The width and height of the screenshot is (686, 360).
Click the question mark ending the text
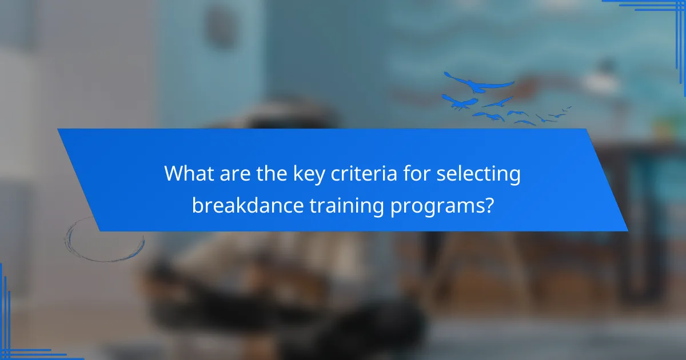pyautogui.click(x=488, y=205)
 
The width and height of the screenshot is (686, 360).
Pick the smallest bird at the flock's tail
pyautogui.click(x=568, y=107)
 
